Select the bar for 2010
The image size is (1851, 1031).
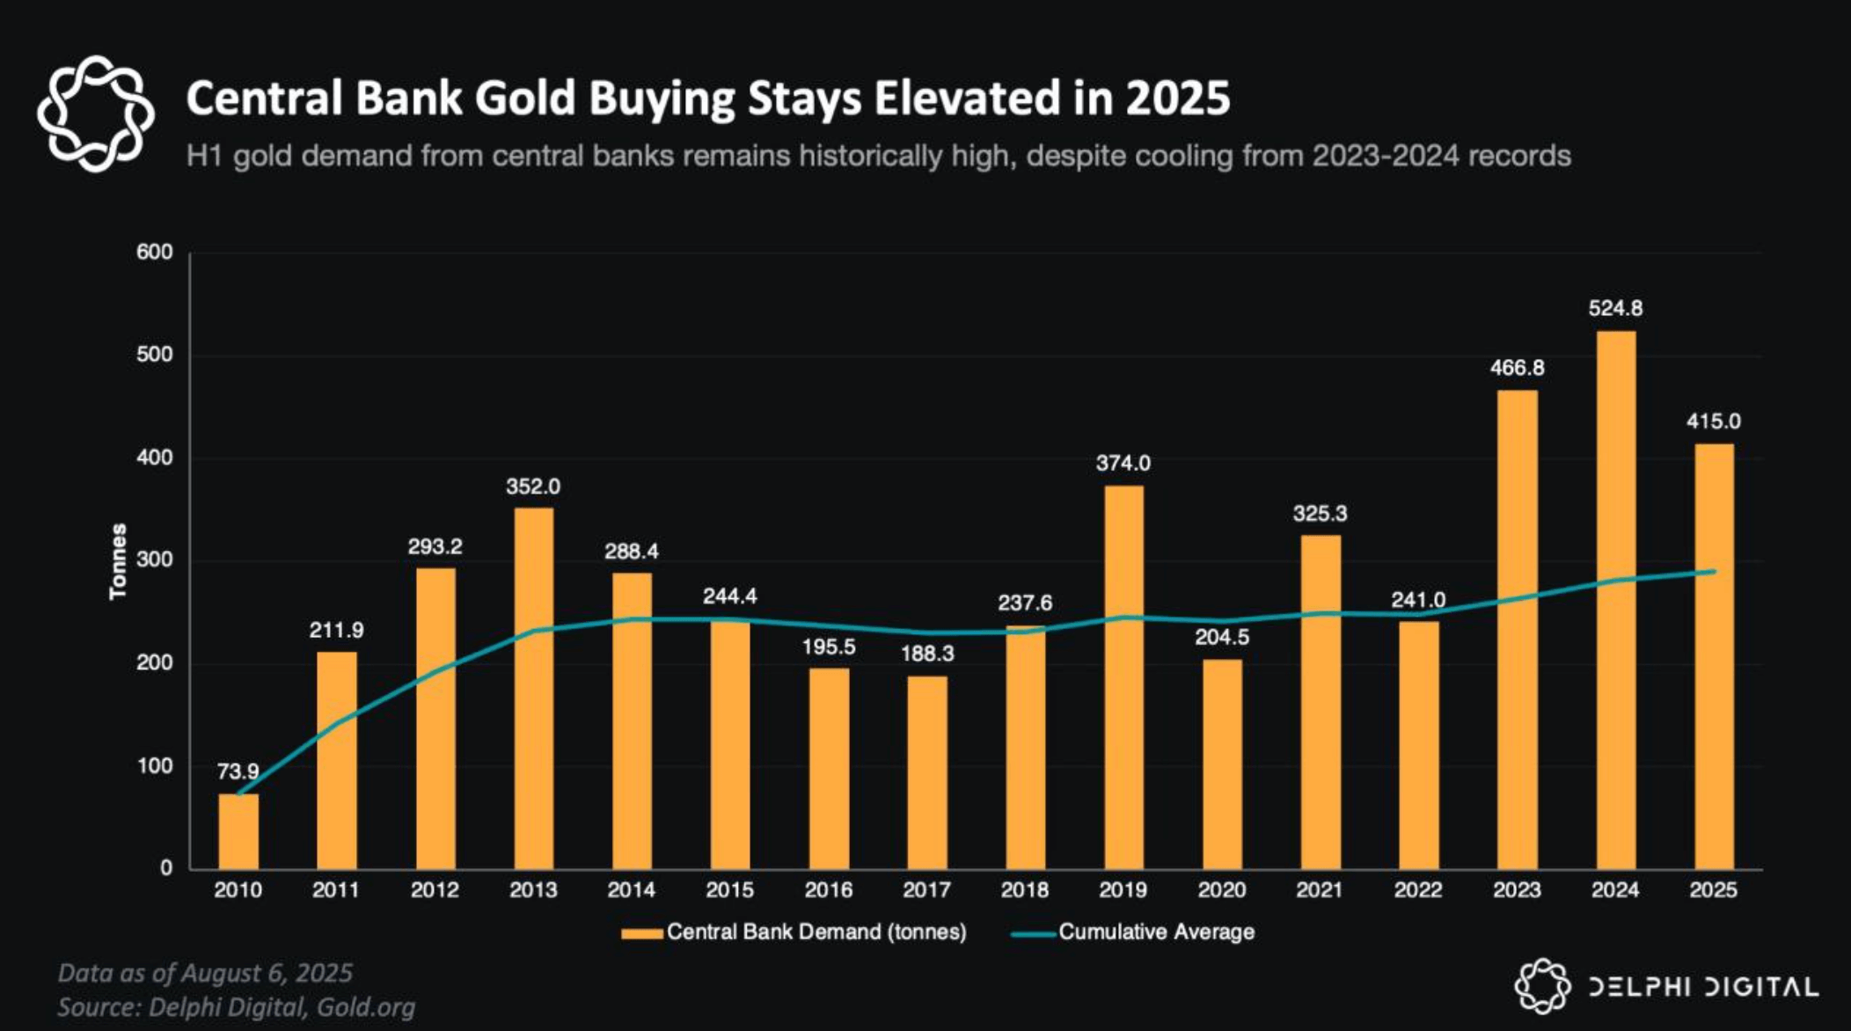(x=238, y=831)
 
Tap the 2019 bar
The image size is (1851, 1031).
(x=1123, y=677)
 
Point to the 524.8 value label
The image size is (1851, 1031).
(x=1615, y=309)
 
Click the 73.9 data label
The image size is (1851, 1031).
(x=238, y=771)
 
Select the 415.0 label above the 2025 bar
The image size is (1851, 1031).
(x=1713, y=421)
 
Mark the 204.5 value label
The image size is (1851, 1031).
(x=1221, y=637)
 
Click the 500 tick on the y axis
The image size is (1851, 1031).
(x=155, y=355)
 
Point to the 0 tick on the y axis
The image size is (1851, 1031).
(x=166, y=868)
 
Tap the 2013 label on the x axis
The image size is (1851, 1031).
(x=533, y=890)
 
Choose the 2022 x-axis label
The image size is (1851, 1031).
(x=1418, y=890)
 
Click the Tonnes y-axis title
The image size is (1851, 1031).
(x=118, y=561)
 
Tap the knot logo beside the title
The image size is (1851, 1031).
(x=95, y=113)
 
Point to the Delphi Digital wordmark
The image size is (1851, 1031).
(x=1703, y=986)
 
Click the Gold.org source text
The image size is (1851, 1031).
(x=365, y=1006)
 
